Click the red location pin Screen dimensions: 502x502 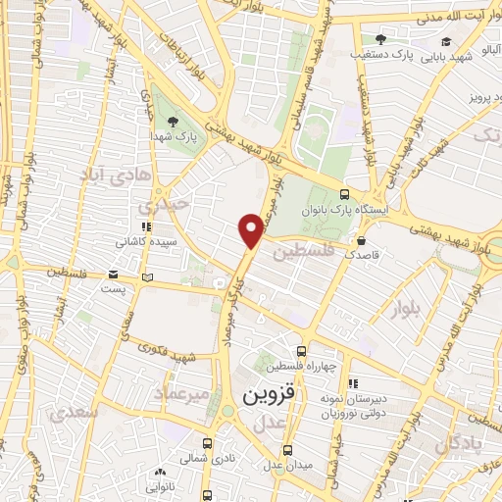252,229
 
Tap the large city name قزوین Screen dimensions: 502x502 267,397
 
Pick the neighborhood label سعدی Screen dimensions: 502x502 78,413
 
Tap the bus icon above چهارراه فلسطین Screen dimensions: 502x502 301,351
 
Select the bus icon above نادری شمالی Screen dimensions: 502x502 207,442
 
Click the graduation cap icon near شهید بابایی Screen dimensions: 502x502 447,41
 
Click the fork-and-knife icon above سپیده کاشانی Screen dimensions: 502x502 146,226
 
